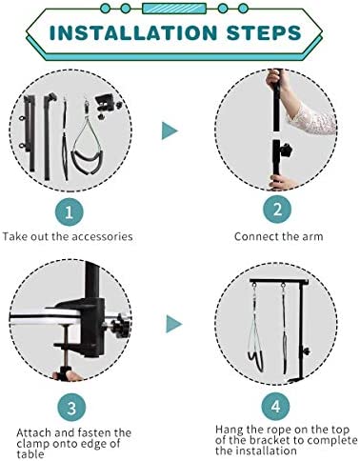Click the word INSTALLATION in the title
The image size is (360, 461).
pyautogui.click(x=133, y=32)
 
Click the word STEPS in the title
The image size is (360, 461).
pyautogui.click(x=264, y=32)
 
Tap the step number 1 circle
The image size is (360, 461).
pyautogui.click(x=70, y=212)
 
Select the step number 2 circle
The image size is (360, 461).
pyautogui.click(x=277, y=210)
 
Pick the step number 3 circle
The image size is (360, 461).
pyautogui.click(x=71, y=408)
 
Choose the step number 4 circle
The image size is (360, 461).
pyautogui.click(x=276, y=406)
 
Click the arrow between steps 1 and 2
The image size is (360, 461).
pyautogui.click(x=170, y=130)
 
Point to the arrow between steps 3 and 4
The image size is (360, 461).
pyautogui.click(x=174, y=324)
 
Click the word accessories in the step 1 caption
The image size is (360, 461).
pyautogui.click(x=102, y=237)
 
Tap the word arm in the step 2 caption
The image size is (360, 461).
pyautogui.click(x=313, y=237)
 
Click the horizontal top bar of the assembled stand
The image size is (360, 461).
pyautogui.click(x=279, y=282)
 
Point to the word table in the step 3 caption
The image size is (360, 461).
pyautogui.click(x=30, y=453)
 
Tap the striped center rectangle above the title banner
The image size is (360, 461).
pyautogui.click(x=174, y=9)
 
